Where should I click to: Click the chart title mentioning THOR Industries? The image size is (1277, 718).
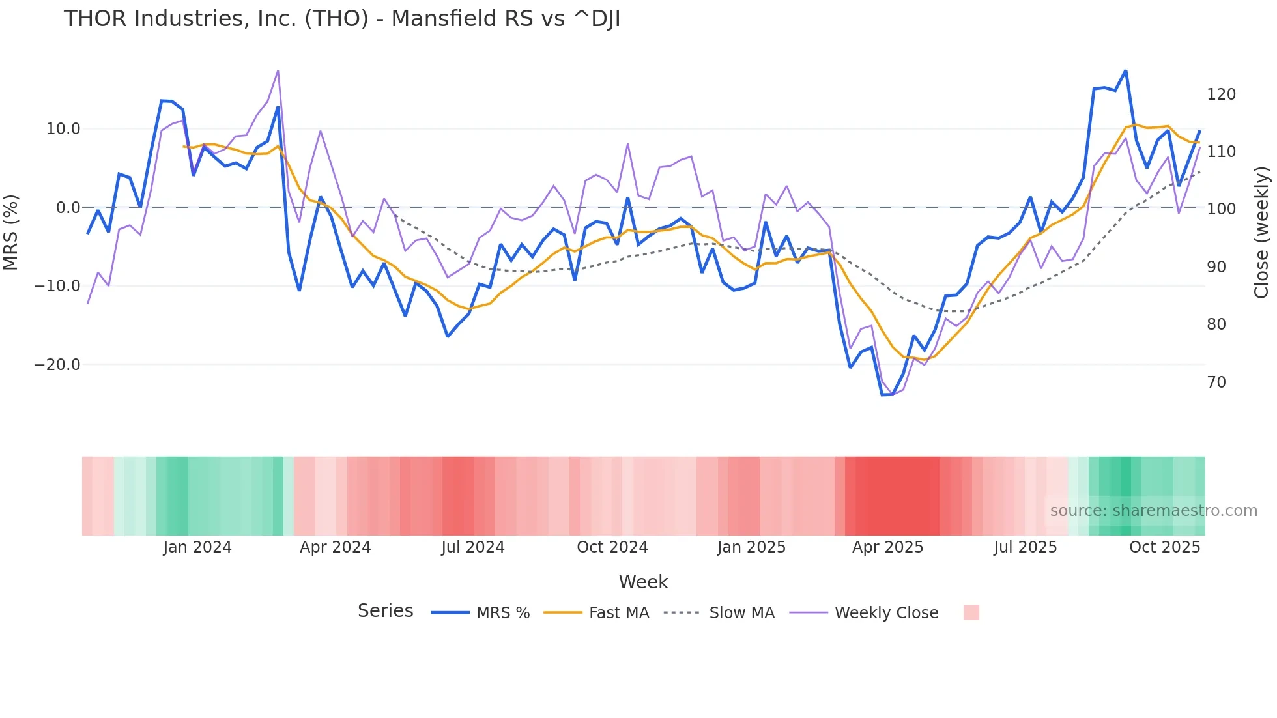pos(341,19)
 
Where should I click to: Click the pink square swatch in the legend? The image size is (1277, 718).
pos(971,612)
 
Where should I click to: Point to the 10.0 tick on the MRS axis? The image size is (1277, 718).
pos(63,129)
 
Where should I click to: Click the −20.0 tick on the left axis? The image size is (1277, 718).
pos(57,365)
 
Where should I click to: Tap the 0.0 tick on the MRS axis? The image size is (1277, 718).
pos(68,208)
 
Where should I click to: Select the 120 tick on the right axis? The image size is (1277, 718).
pos(1221,94)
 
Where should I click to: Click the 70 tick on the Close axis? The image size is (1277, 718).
pos(1216,382)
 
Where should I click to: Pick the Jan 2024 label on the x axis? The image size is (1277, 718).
pos(197,547)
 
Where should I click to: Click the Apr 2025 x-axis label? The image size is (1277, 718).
pos(887,547)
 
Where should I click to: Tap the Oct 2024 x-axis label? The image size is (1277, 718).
pos(612,547)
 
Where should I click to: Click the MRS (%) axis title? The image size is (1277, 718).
pos(11,233)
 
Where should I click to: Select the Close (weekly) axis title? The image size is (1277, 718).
pos(1261,233)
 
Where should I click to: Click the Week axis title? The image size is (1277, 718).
pos(643,582)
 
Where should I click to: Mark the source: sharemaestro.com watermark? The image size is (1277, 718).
pos(1153,511)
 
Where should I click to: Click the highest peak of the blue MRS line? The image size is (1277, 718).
pos(1125,71)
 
